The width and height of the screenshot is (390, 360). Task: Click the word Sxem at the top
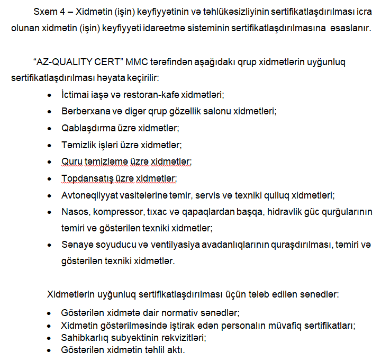tap(43, 11)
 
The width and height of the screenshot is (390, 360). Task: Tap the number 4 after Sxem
tap(59, 11)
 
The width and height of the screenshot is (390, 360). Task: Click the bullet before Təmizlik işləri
tap(49, 145)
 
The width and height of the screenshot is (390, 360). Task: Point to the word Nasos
tap(74, 211)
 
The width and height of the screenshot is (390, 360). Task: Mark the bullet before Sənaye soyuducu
tap(49, 245)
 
